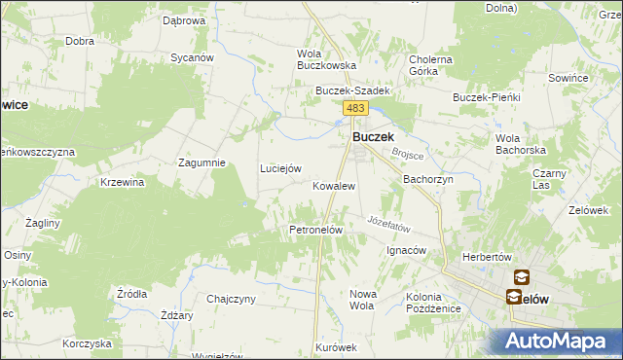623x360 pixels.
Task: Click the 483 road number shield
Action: pos(354,109)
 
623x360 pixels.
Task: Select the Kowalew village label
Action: pos(333,185)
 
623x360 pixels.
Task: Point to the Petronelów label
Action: pos(315,230)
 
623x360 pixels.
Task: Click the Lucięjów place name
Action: pos(279,168)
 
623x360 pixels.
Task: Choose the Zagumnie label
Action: pos(202,162)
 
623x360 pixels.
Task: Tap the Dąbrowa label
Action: pos(184,20)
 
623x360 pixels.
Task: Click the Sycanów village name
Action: pos(192,57)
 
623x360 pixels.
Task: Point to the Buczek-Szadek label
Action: pos(351,90)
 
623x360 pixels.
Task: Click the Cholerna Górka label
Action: pos(430,65)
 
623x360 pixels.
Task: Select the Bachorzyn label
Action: pos(428,180)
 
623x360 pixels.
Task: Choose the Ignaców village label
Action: pos(407,250)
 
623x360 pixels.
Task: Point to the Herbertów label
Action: pos(487,257)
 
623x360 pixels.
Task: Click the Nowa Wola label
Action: pos(361,299)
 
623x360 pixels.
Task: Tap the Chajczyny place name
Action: pos(231,299)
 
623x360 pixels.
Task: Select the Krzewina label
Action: pos(123,182)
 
